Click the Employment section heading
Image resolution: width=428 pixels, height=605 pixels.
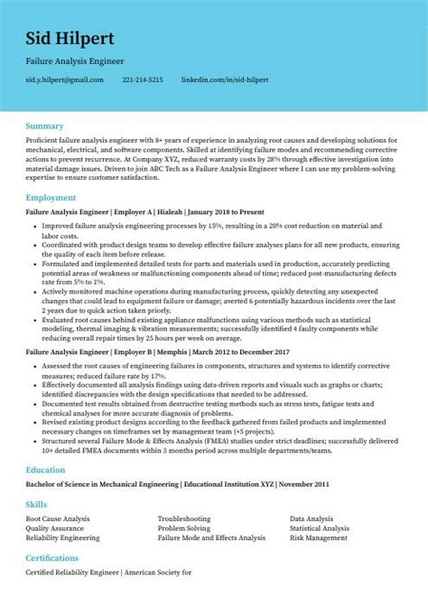(51, 197)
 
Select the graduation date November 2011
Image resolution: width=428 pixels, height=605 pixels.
(303, 484)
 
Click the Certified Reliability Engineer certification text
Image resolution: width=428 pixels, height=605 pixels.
(67, 574)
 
